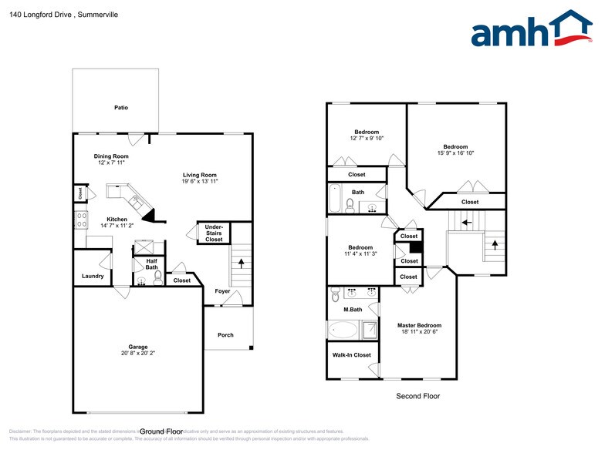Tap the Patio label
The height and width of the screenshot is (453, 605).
pos(120,107)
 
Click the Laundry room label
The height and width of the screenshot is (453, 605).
pos(93,276)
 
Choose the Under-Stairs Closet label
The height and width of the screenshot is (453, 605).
pos(213,233)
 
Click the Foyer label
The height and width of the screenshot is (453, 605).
pos(222,291)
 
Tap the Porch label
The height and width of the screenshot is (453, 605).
pos(225,335)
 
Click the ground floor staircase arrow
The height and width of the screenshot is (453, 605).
pos(242,262)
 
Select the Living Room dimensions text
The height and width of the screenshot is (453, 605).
pos(200,182)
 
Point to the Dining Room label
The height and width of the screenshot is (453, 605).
pos(111,156)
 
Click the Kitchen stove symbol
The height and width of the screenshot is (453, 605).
pos(81,220)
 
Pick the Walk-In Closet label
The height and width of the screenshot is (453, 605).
pos(351,355)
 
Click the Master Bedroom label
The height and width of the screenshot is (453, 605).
pos(419,326)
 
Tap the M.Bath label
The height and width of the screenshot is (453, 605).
pos(353,310)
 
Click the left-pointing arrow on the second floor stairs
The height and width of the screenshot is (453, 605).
pos(465,223)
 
